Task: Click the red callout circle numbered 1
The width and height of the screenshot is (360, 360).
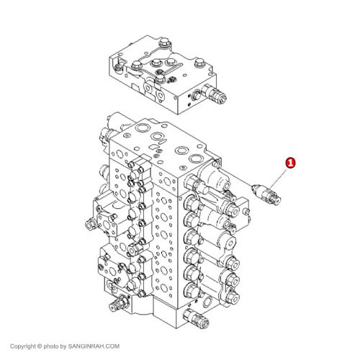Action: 290,163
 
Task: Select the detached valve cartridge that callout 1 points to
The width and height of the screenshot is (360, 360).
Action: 266,194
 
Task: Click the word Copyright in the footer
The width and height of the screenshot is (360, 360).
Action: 23,346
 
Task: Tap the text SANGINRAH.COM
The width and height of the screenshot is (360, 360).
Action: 94,346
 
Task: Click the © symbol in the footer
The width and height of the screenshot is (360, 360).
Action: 40,346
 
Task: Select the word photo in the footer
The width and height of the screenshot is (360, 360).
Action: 51,346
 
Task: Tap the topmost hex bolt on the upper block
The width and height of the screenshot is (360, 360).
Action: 165,43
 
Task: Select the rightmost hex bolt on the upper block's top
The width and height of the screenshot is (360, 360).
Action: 199,63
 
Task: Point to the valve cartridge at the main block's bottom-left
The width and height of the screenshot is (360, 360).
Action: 120,303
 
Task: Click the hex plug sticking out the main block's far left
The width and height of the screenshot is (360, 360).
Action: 91,225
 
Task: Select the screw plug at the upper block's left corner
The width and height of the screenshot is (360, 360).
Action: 118,67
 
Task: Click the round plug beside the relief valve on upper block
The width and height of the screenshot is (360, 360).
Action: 196,95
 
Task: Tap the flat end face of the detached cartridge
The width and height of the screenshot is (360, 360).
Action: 278,201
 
